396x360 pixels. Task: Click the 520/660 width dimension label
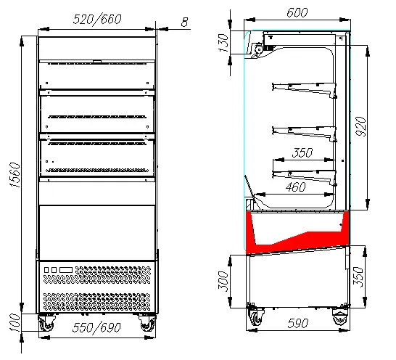[97, 20]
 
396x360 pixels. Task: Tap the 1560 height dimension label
[15, 175]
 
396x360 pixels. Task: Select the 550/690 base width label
[96, 327]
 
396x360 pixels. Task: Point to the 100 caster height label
[15, 322]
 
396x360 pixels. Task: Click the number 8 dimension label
[185, 22]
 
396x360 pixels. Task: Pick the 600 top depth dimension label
[297, 12]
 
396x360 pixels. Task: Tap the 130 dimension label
[224, 43]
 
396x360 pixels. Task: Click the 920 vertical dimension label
[360, 126]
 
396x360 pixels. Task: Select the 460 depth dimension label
[296, 187]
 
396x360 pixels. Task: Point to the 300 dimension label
[223, 281]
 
